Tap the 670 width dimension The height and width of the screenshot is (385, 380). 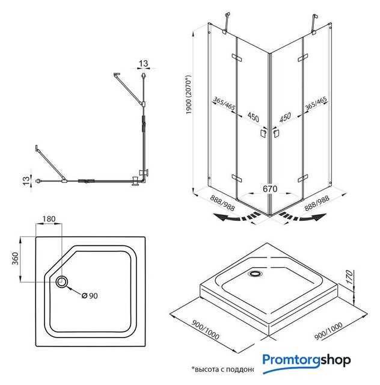[269, 189]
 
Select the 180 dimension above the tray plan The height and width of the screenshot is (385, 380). [49, 220]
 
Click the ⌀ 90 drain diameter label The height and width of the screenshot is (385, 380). [89, 295]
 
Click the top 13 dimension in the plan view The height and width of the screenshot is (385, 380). [143, 63]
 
